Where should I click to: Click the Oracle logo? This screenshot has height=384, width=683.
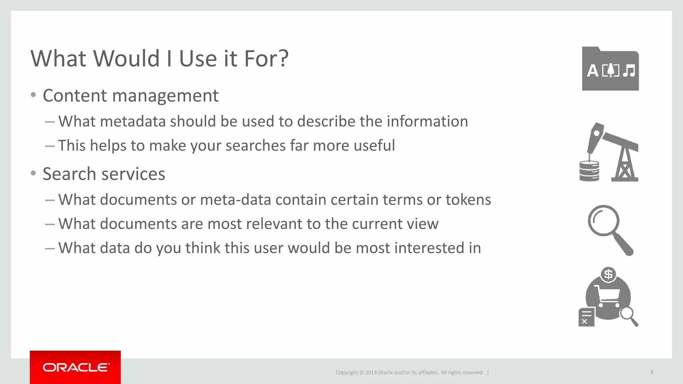tap(76, 367)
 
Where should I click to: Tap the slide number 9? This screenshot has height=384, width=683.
tap(651, 372)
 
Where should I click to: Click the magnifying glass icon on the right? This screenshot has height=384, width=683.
tap(610, 230)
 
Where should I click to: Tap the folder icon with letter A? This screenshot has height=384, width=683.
tap(610, 69)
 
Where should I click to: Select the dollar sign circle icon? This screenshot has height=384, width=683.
tap(608, 274)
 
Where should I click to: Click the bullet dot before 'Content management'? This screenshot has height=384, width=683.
tap(33, 95)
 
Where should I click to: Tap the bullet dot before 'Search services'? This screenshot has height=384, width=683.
tap(33, 173)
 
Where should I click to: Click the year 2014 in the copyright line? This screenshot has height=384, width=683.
tap(371, 372)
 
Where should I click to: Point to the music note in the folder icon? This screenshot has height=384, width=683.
tap(629, 71)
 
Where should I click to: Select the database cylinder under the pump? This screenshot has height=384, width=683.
tap(589, 171)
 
